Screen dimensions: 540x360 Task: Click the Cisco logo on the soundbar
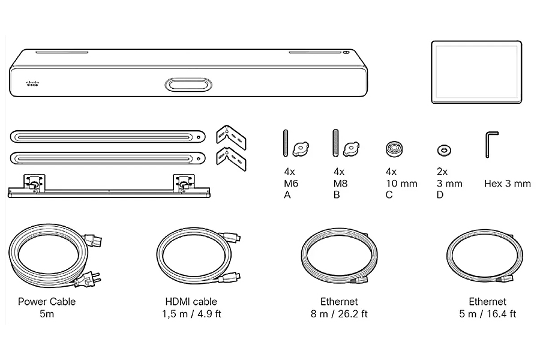pyautogui.click(x=33, y=83)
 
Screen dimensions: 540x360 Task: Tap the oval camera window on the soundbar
pyautogui.click(x=188, y=85)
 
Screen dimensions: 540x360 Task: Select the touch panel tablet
pyautogui.click(x=476, y=72)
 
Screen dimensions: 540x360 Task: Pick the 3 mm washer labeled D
pyautogui.click(x=444, y=150)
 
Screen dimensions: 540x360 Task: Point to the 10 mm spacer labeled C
pyautogui.click(x=394, y=149)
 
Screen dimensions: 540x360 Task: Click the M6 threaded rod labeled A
pyautogui.click(x=286, y=143)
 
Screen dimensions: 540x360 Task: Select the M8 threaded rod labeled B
pyautogui.click(x=335, y=143)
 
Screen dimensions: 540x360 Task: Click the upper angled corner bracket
pyautogui.click(x=231, y=137)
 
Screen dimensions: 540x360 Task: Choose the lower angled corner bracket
pyautogui.click(x=231, y=159)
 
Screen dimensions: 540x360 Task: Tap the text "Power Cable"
pyautogui.click(x=46, y=301)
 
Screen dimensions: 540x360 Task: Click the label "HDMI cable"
pyautogui.click(x=191, y=301)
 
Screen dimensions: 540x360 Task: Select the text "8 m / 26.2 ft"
pyautogui.click(x=339, y=314)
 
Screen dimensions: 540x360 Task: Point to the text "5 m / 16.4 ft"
pyautogui.click(x=488, y=314)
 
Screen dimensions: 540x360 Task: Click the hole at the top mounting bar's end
pyautogui.click(x=199, y=137)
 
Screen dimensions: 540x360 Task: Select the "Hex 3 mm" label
pyautogui.click(x=507, y=184)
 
